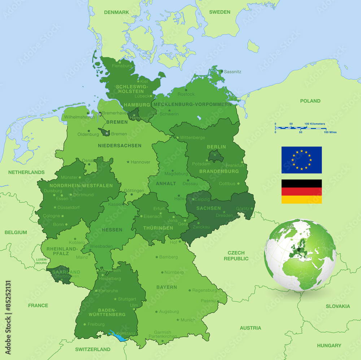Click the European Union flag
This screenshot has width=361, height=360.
(301, 160)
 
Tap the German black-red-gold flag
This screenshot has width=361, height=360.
(301, 192)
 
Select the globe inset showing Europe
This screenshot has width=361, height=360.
(300, 255)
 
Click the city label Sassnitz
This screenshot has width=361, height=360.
(232, 72)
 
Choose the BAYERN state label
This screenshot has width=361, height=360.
(166, 287)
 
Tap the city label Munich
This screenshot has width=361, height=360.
(188, 320)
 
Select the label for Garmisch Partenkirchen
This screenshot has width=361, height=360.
(162, 334)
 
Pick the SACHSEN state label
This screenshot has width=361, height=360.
(208, 208)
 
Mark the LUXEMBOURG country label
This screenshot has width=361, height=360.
(41, 261)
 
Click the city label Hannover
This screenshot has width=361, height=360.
(140, 162)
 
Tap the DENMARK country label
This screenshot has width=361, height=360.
(117, 12)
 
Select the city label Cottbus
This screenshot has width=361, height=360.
(227, 184)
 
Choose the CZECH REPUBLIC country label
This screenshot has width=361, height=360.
(236, 256)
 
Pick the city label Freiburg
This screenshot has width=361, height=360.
(96, 324)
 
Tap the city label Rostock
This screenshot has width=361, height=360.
(186, 94)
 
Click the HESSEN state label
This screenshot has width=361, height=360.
(112, 230)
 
